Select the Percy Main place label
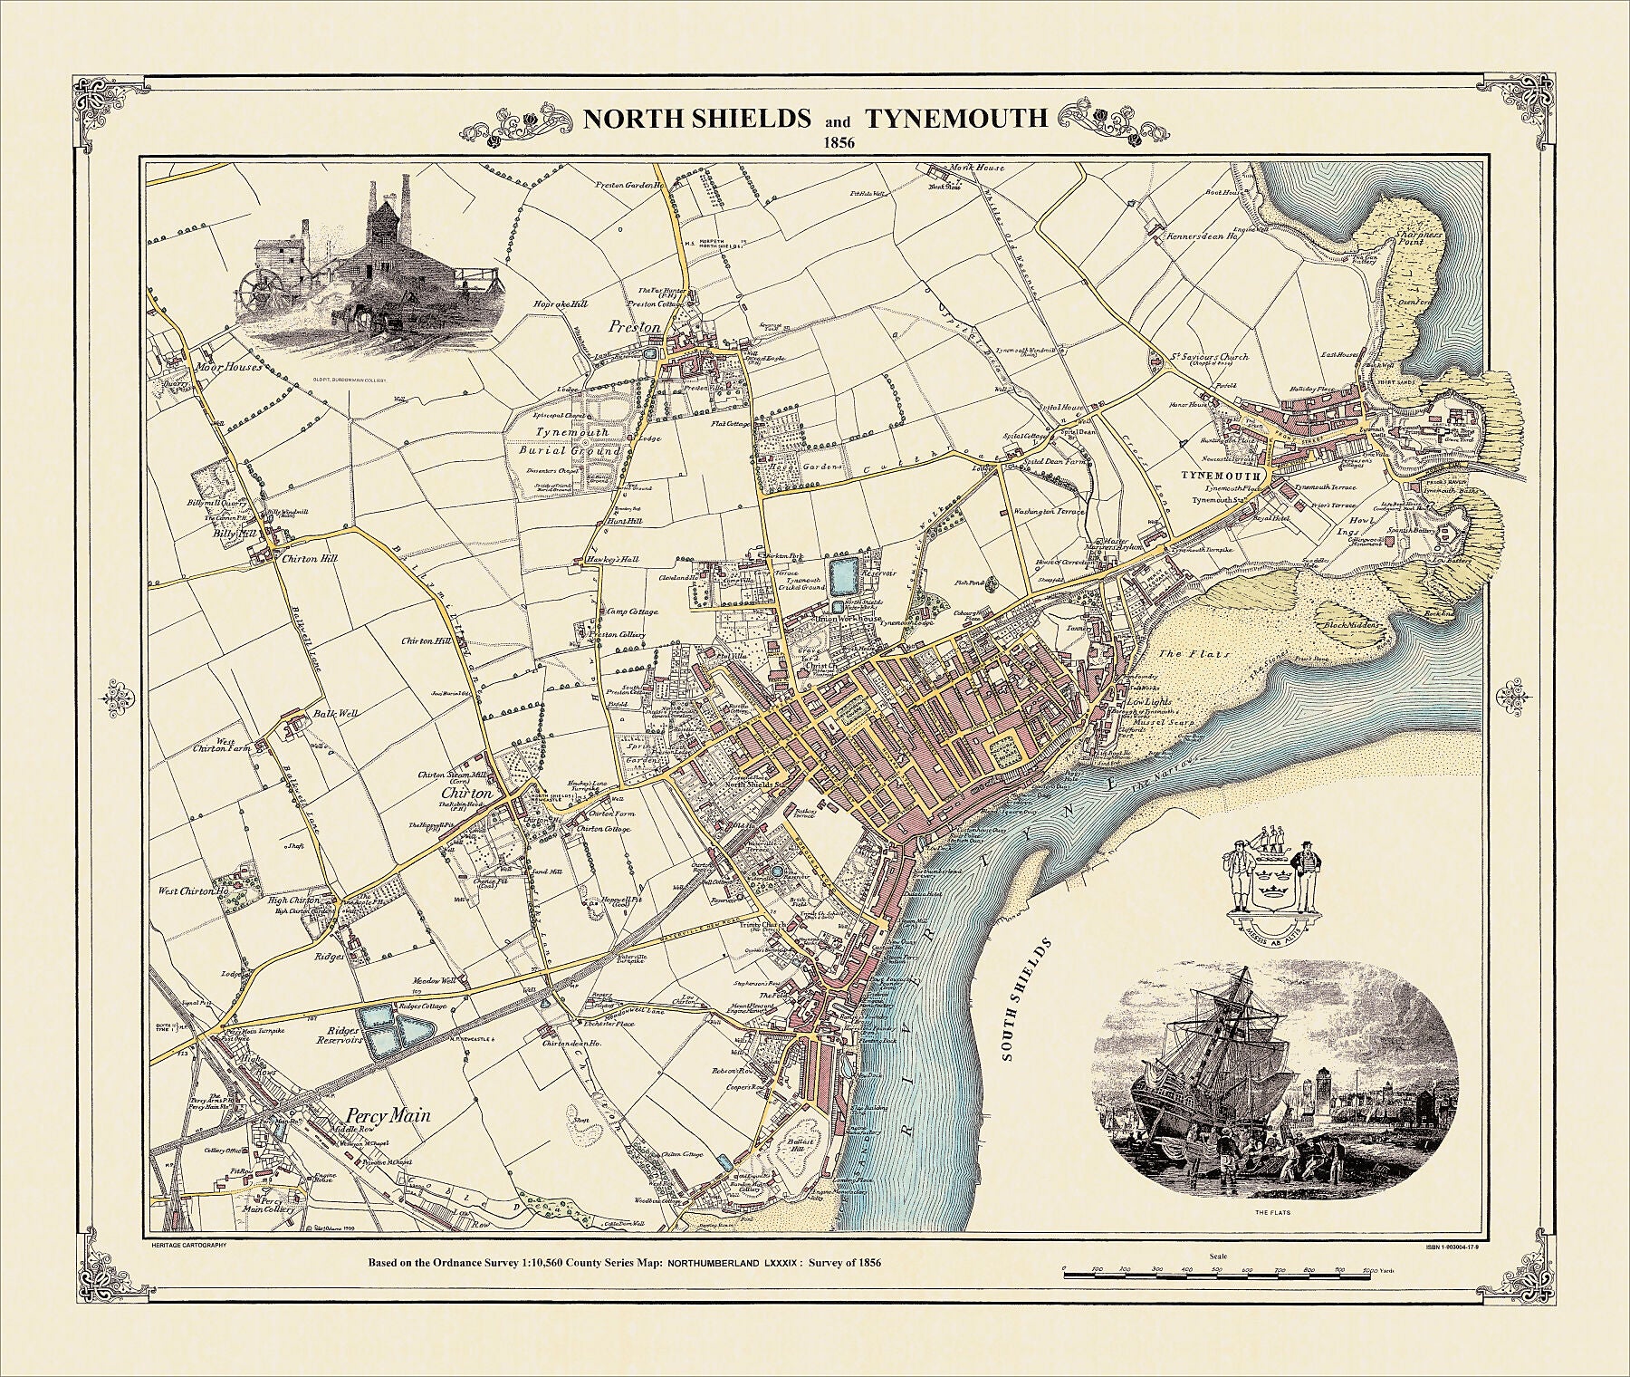[389, 1116]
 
